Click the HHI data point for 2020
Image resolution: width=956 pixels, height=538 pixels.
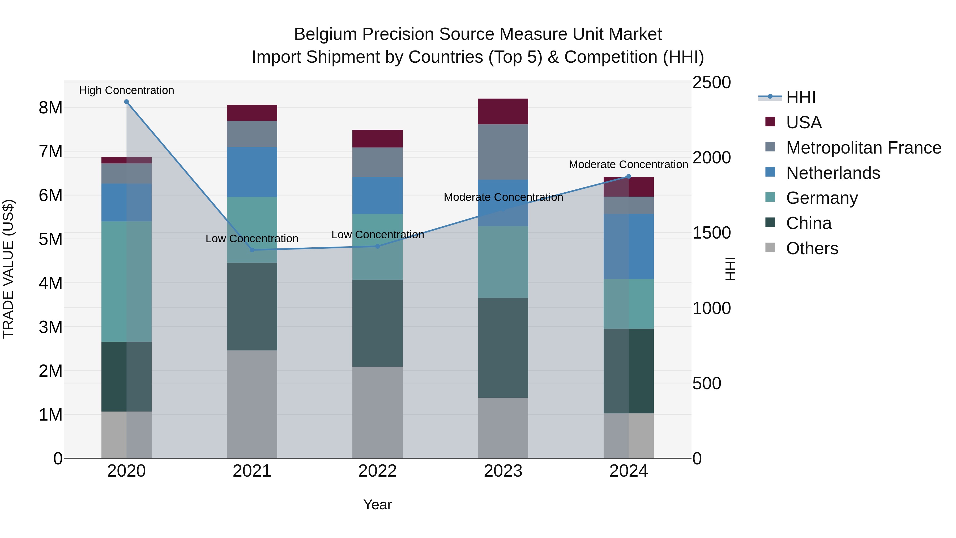tap(127, 102)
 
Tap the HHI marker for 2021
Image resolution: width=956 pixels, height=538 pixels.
tap(252, 250)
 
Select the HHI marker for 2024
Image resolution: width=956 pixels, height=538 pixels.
tap(628, 177)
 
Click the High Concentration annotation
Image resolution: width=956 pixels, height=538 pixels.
tap(127, 91)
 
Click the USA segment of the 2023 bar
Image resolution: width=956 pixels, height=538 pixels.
tap(503, 111)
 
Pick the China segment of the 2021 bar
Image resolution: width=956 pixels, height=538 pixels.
tap(252, 306)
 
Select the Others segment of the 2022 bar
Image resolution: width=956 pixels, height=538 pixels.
tap(377, 412)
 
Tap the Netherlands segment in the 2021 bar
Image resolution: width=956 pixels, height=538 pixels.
tap(252, 172)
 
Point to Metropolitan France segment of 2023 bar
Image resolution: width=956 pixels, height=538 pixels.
tap(503, 152)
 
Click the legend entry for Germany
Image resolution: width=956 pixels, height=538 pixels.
tap(822, 198)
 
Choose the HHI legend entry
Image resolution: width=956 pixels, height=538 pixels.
tap(800, 97)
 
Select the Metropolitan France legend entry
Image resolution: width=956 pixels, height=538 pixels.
tap(863, 148)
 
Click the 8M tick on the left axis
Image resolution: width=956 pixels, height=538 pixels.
tap(50, 108)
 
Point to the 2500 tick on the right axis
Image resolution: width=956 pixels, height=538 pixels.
tap(711, 82)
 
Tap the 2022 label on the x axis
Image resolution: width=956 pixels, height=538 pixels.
tap(377, 471)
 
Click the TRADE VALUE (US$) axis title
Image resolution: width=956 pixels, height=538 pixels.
tap(8, 269)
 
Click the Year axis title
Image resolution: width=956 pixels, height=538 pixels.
tap(377, 505)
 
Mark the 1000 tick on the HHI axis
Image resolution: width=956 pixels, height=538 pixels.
tap(711, 308)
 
